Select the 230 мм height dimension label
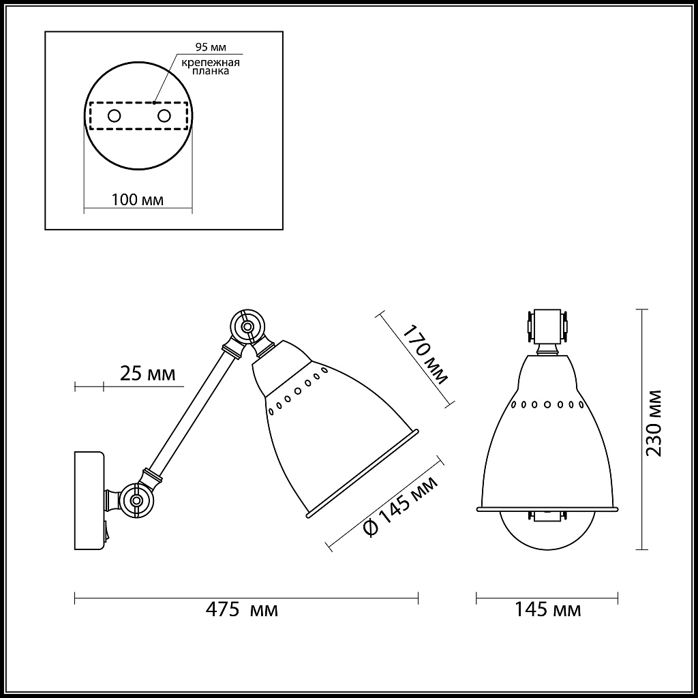tap(654, 423)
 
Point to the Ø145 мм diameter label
tap(400, 506)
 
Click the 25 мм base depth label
tap(148, 374)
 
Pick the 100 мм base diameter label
tap(138, 200)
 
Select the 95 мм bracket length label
tap(211, 47)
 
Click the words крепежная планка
tap(211, 66)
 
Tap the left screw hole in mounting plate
tap(115, 116)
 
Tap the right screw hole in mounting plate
tap(164, 116)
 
